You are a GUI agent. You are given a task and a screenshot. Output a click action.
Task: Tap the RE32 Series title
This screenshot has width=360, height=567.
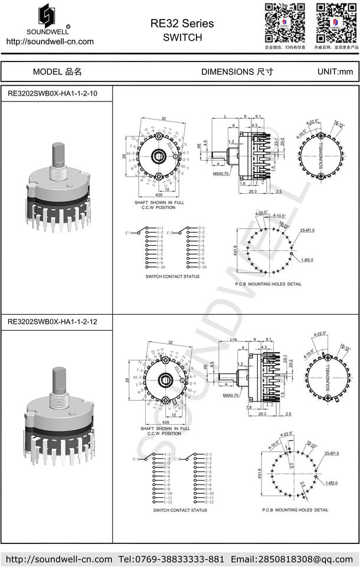point(182,24)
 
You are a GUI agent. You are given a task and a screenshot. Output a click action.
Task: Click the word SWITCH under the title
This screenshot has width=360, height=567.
point(182,37)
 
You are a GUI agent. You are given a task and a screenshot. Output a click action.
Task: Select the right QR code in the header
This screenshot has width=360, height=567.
point(336,22)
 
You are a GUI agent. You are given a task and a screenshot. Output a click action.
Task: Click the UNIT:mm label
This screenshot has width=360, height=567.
point(335,71)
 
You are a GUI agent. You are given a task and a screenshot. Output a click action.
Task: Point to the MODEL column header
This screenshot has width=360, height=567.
point(57,71)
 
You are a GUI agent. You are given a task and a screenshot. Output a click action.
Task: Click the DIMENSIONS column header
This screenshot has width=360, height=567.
point(237,71)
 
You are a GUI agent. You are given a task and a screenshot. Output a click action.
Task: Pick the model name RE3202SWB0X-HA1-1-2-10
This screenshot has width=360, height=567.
point(53,93)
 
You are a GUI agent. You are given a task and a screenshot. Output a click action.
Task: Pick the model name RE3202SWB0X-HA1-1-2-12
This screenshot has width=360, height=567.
point(53,322)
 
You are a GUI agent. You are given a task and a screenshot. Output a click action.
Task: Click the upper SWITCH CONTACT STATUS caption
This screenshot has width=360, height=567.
point(172,276)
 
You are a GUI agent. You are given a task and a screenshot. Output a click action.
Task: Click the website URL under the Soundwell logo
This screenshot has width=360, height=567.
point(50,41)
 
